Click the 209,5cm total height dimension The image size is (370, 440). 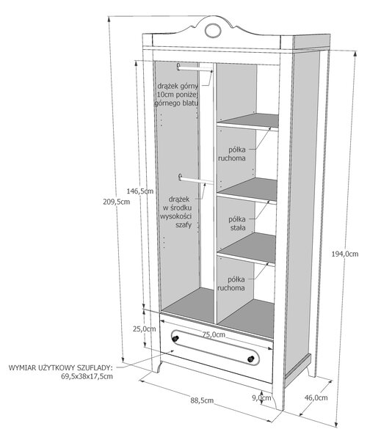(x=116, y=202)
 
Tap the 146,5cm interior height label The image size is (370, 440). (x=140, y=191)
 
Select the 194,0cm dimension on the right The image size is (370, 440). (x=345, y=254)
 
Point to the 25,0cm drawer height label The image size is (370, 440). (x=144, y=329)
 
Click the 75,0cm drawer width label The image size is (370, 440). (x=214, y=334)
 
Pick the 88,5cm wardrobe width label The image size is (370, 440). (x=202, y=400)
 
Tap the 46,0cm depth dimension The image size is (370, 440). (x=316, y=397)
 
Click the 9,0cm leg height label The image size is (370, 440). (x=261, y=397)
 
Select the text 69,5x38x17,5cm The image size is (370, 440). (x=87, y=376)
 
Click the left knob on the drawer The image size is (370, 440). (x=175, y=338)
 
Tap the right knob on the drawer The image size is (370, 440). (x=251, y=359)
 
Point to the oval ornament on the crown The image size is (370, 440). (x=212, y=30)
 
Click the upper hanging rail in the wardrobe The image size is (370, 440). (x=195, y=69)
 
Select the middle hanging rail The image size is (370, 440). (x=196, y=180)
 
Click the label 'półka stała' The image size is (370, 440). (x=237, y=223)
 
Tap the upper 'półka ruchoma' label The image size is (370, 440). (x=232, y=154)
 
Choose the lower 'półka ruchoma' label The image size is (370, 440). (x=231, y=283)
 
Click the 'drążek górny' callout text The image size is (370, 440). (x=178, y=86)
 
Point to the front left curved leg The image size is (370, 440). (x=156, y=366)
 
